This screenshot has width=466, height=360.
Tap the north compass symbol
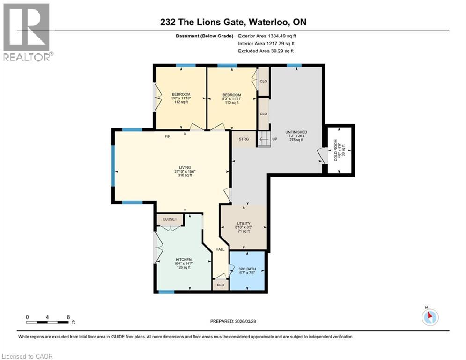429,317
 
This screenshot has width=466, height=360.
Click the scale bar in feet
48,322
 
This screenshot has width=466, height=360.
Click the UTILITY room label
244,224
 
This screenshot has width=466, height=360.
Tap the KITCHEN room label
184,260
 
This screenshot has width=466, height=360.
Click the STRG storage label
244,139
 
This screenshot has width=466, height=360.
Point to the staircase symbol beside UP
263,139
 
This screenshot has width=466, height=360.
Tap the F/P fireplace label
167,137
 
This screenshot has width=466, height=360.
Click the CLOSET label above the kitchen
170,219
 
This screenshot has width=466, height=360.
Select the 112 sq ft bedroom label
180,94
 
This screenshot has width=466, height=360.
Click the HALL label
220,249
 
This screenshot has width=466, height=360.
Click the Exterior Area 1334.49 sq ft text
267,36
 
